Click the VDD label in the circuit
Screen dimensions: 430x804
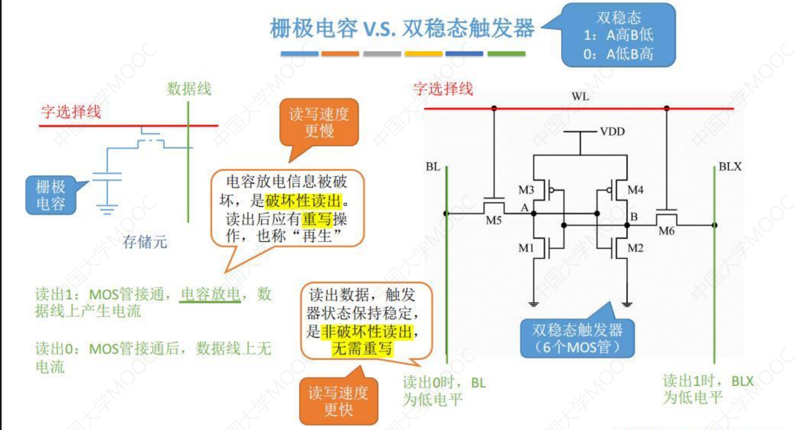(x=612, y=132)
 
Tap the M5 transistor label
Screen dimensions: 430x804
(x=493, y=221)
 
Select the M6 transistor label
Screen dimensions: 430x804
(x=666, y=231)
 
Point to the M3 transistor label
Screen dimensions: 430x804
(x=526, y=190)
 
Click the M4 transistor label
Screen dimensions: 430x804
(x=635, y=190)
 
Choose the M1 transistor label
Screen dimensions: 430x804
(x=526, y=248)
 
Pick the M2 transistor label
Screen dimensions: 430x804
(x=635, y=248)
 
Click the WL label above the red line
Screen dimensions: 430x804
(x=580, y=97)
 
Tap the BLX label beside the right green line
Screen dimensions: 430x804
(x=730, y=167)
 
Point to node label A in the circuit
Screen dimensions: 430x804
(x=525, y=208)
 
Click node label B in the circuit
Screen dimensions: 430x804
(x=634, y=217)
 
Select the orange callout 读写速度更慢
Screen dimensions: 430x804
(x=319, y=122)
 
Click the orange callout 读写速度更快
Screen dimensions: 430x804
(x=338, y=401)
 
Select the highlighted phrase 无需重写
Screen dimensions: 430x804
(x=361, y=348)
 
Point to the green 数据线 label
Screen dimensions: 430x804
(x=189, y=89)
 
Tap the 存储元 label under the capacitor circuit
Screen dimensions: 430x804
(x=145, y=242)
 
